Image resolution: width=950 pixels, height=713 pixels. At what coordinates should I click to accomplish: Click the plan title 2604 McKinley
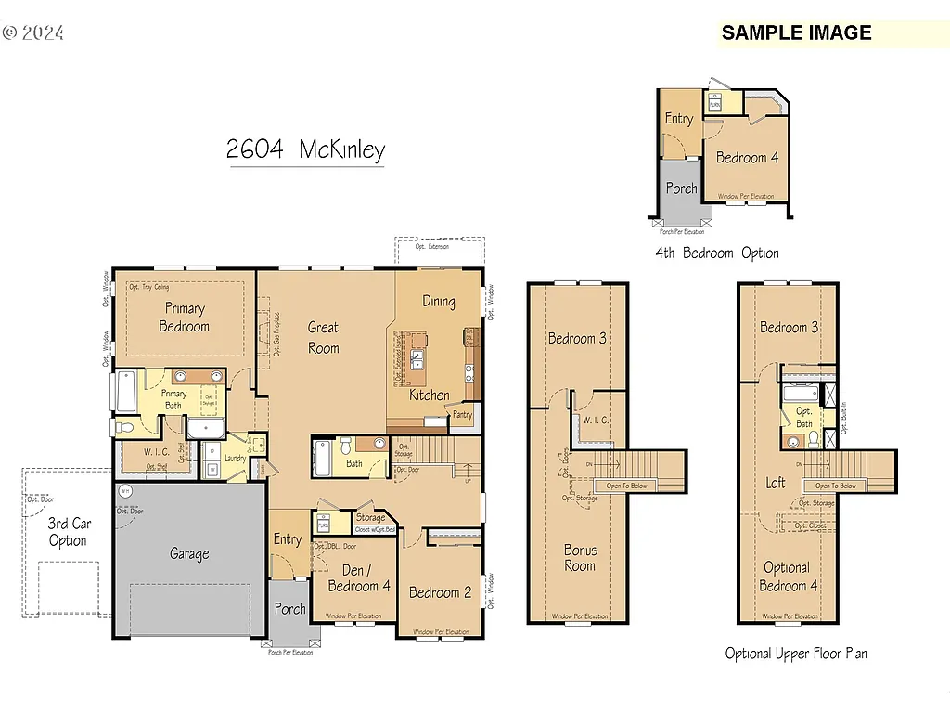click(x=305, y=149)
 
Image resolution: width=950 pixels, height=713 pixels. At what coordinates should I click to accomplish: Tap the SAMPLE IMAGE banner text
click(x=796, y=32)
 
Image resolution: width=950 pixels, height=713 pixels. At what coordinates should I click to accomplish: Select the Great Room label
click(x=324, y=338)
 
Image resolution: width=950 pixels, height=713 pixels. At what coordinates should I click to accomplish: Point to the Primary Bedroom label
click(x=184, y=318)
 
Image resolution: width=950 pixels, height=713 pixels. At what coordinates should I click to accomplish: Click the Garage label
click(x=189, y=554)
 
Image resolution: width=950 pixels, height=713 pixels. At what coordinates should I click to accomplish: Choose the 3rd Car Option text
click(x=68, y=532)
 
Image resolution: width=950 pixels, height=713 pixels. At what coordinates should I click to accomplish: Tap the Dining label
click(x=439, y=301)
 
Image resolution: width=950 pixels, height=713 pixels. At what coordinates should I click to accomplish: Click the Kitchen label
click(x=430, y=395)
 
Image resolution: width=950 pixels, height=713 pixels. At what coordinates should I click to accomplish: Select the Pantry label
click(x=463, y=415)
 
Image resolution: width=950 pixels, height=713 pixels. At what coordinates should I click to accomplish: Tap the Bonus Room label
click(x=581, y=557)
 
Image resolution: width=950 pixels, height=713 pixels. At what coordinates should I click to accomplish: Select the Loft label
click(x=776, y=483)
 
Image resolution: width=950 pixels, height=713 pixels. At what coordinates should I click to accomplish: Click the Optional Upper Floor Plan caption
click(x=796, y=654)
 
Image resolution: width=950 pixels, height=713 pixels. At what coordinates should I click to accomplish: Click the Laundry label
click(x=235, y=458)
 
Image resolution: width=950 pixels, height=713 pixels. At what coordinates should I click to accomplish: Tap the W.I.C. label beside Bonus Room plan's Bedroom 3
click(x=595, y=421)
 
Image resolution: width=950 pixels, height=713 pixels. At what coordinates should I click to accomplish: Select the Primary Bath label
click(x=175, y=399)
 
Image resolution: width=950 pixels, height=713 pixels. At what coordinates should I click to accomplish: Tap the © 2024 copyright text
click(x=33, y=32)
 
